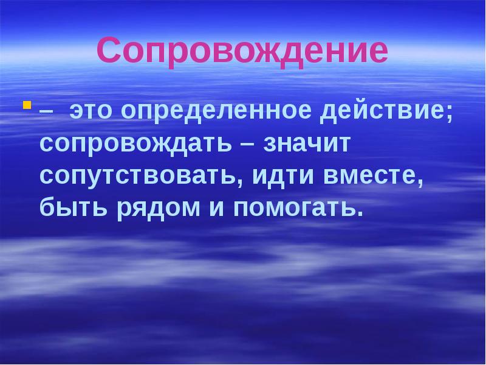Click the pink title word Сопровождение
tap(242, 51)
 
